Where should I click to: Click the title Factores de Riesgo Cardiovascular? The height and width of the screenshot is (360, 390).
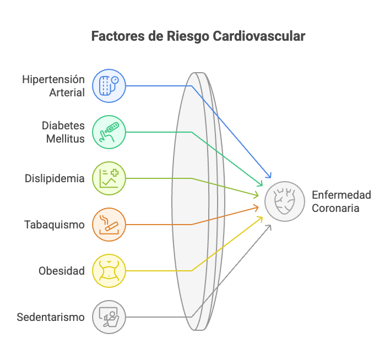tap(198, 37)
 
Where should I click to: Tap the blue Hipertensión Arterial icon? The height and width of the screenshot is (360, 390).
tap(109, 86)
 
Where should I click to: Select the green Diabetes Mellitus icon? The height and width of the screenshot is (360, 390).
tap(109, 132)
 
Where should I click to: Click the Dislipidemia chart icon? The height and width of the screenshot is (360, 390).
tap(109, 178)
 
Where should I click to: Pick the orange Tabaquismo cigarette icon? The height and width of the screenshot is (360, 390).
tap(109, 225)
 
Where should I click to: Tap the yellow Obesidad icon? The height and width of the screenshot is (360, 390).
tap(109, 271)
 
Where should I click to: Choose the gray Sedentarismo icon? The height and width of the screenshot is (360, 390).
tap(109, 317)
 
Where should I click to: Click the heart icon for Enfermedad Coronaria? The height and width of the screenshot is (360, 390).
tap(285, 201)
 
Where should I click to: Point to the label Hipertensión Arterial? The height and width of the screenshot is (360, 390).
tap(53, 86)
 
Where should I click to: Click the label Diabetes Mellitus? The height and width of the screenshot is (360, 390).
tap(63, 132)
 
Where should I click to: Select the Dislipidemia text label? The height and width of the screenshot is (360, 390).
tap(55, 178)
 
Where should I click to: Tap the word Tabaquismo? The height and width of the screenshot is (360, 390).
tap(55, 225)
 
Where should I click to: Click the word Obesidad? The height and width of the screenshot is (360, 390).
tap(62, 271)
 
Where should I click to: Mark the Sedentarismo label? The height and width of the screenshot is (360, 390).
tap(51, 317)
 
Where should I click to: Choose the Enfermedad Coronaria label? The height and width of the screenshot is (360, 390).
tap(341, 201)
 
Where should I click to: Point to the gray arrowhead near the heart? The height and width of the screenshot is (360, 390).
tap(269, 226)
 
